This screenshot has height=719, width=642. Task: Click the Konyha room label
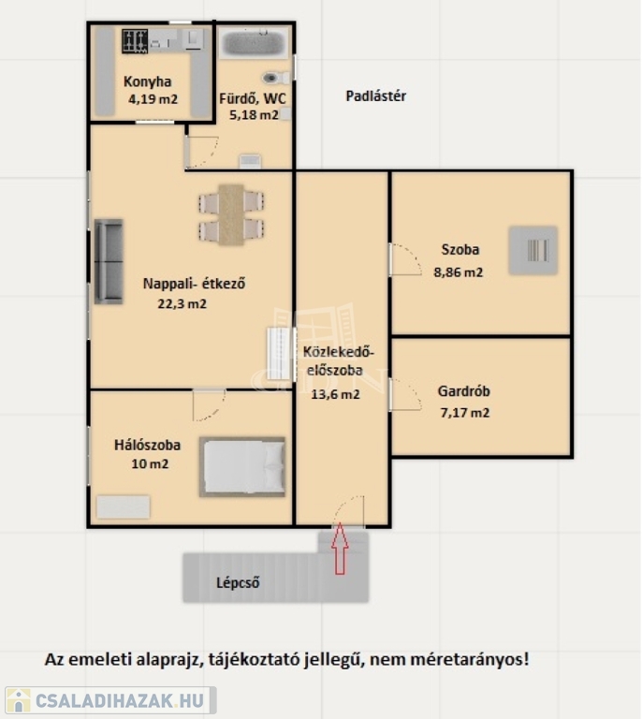tap(148, 81)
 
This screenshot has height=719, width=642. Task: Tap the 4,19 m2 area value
tap(153, 99)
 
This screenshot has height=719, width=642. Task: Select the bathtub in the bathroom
tap(254, 43)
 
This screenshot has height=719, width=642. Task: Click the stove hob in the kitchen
tap(135, 41)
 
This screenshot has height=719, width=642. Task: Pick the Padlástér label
tap(376, 96)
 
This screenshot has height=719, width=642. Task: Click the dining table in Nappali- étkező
tap(231, 214)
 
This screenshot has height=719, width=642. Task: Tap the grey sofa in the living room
tap(109, 261)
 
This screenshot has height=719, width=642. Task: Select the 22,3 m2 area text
tap(182, 303)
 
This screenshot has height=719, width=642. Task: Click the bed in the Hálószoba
tap(242, 467)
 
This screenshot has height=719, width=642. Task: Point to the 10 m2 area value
tap(150, 463)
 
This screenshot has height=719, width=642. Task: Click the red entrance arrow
tap(340, 549)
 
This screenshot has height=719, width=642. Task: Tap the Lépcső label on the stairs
tap(238, 583)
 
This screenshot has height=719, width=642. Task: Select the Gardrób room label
tap(464, 391)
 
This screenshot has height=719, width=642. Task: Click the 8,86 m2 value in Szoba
tap(459, 272)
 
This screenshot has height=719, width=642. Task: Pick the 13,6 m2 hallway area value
tap(335, 394)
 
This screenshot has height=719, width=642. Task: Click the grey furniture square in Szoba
tap(533, 250)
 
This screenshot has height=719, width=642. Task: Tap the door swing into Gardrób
tap(405, 394)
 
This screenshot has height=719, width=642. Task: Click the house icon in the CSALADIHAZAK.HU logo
tap(19, 700)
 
